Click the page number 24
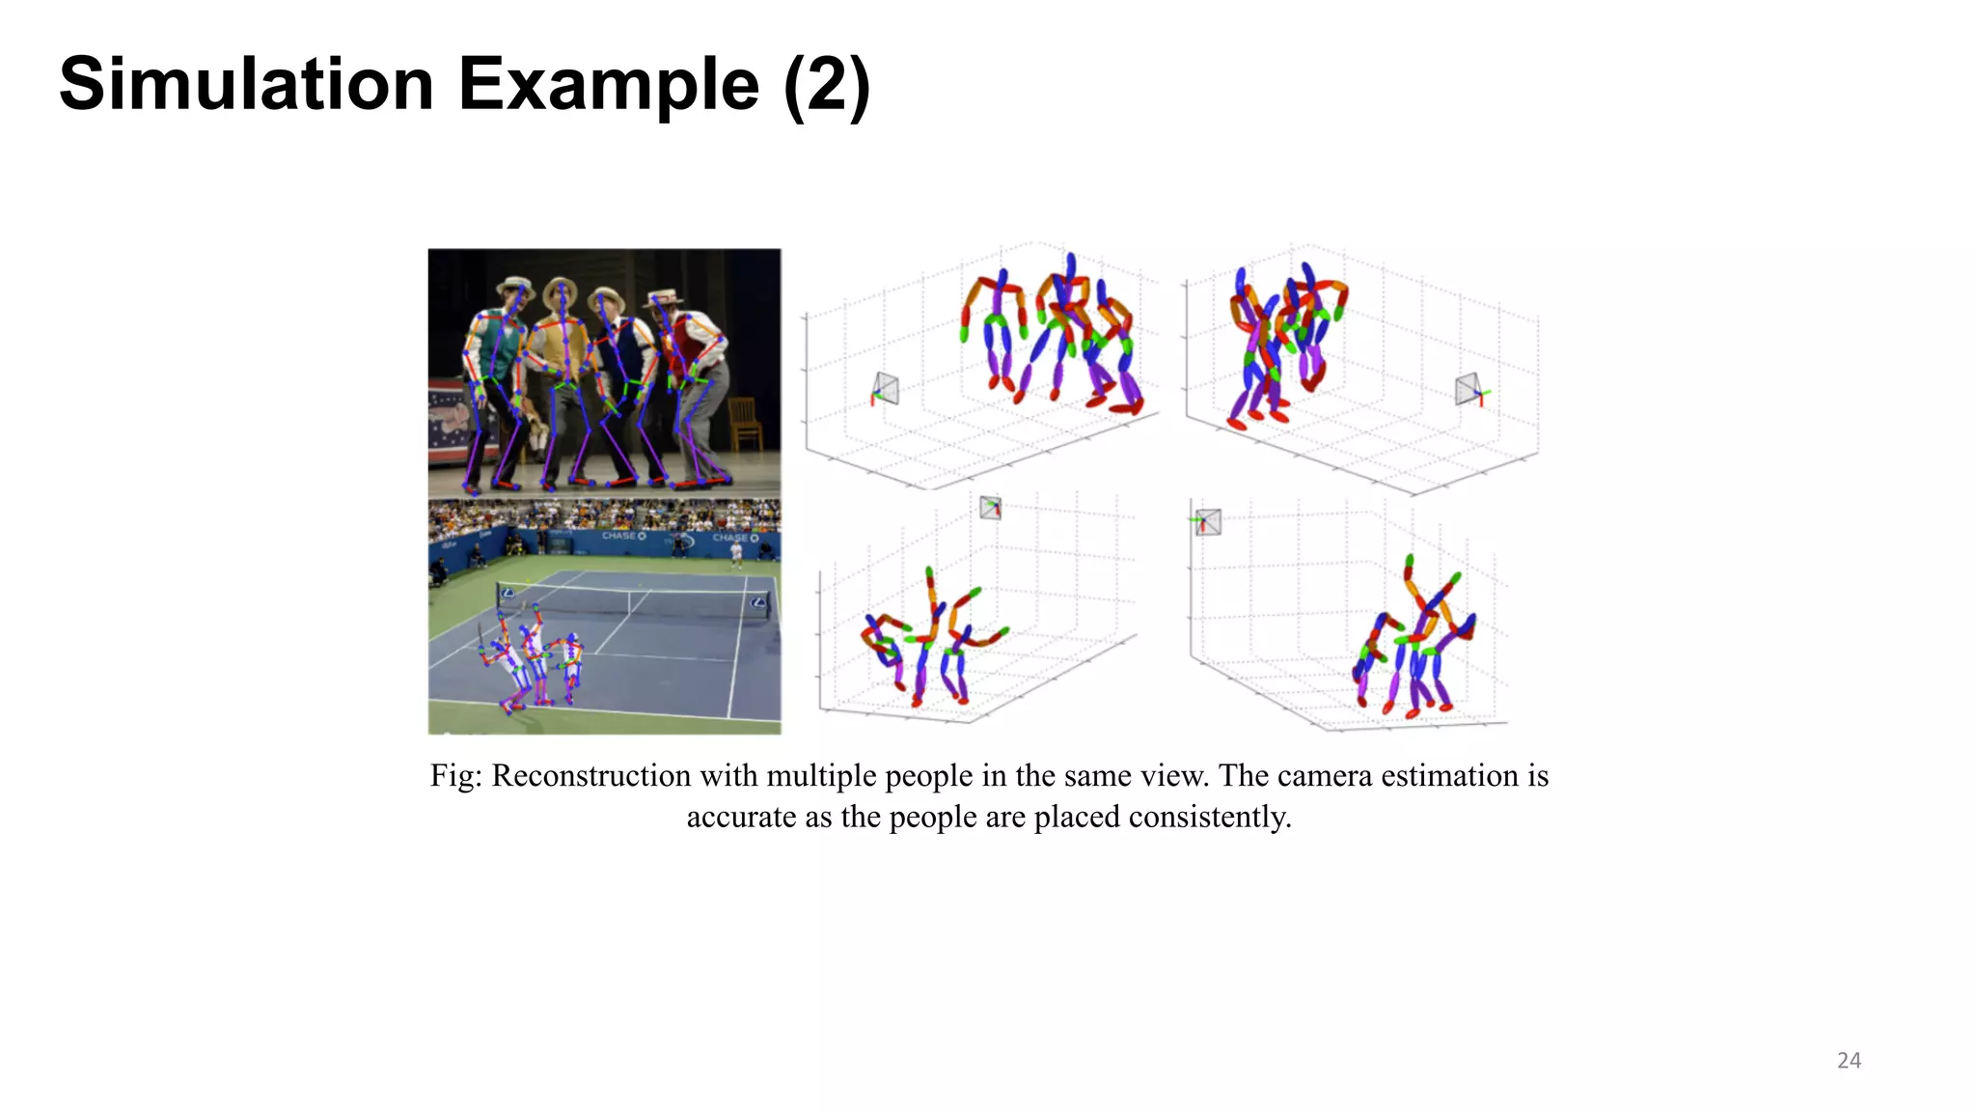[1849, 1060]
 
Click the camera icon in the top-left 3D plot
[886, 389]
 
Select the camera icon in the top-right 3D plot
[1468, 389]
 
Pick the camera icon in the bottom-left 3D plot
[990, 508]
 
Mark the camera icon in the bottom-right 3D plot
[1207, 522]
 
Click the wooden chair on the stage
[745, 424]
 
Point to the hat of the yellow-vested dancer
[561, 288]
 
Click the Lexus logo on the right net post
[759, 603]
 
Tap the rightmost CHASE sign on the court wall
[735, 538]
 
